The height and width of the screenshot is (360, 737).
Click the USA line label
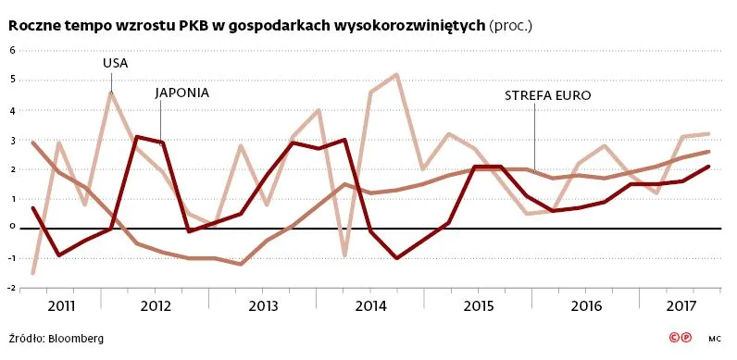[115, 63]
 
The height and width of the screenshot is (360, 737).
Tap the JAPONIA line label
[181, 93]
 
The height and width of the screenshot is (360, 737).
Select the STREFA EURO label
[547, 95]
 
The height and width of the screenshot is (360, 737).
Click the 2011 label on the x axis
[61, 305]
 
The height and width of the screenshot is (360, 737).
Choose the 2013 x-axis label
[263, 305]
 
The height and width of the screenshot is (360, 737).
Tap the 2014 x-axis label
[370, 305]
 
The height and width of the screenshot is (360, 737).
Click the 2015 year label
[478, 305]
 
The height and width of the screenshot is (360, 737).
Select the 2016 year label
[586, 305]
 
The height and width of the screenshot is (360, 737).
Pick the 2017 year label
[681, 305]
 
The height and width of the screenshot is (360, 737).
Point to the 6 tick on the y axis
[13, 50]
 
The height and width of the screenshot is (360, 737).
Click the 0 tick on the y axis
[13, 227]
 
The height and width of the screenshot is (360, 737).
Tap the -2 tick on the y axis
[12, 288]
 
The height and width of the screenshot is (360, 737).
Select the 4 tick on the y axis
[13, 110]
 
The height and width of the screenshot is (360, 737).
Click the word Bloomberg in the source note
[76, 339]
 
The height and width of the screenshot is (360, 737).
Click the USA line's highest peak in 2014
[397, 75]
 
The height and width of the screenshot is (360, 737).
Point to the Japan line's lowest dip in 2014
[397, 258]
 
